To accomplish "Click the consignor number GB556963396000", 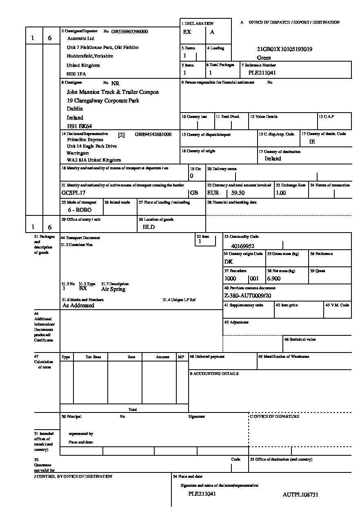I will pos(129,31).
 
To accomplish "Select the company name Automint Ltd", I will pos(80,39).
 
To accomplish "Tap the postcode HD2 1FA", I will pos(76,74).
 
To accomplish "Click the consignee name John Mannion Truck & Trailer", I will pos(113,92).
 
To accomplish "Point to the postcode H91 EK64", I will pos(80,126).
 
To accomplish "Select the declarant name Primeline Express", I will pos(85,140).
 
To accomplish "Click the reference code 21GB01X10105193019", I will pos(284,49).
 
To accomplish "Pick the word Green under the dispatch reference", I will pos(264,58).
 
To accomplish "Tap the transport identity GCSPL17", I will pos(73,193).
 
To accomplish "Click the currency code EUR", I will pos(213,193).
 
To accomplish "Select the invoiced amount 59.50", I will pos(238,193).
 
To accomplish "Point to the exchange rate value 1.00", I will pos(281,193).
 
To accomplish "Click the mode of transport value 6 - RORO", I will pos(80,210).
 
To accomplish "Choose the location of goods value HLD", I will pos(149,227).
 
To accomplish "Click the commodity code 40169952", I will pos(242,246).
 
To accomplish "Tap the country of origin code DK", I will pos(229,262).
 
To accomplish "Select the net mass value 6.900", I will pos(273,279).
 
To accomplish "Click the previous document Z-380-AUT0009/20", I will pos(248,296).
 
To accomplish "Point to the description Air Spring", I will pos(113,289).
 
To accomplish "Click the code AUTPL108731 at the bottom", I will pos(300,495).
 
